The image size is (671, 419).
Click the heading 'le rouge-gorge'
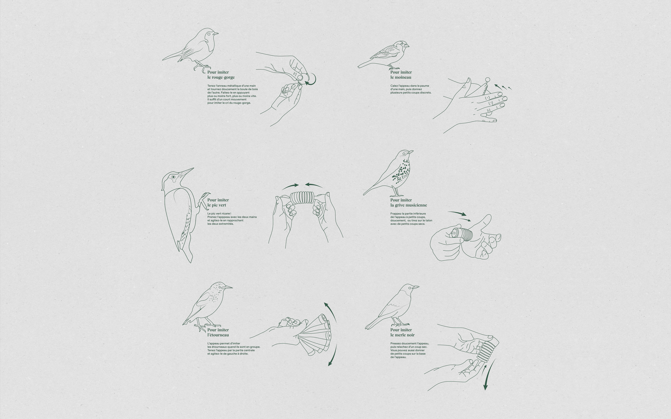click(221, 77)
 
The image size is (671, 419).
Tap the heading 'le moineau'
click(401, 77)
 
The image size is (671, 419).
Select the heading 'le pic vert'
click(217, 205)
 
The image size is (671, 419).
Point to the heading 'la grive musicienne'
click(408, 205)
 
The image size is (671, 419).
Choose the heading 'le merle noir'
click(402, 335)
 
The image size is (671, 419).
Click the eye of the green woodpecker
click(174, 177)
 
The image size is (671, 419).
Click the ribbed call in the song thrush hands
click(462, 234)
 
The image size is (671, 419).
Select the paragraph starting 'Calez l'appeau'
click(411, 89)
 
